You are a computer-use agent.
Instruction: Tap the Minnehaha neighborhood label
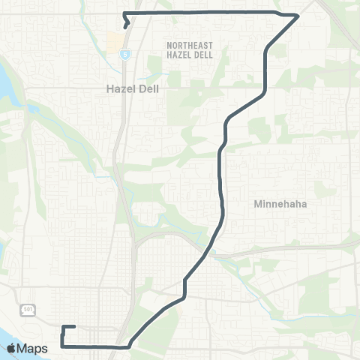[281, 203]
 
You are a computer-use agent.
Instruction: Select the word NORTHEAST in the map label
[189, 45]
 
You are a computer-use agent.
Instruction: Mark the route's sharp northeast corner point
[298, 15]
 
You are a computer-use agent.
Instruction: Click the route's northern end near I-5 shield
[124, 27]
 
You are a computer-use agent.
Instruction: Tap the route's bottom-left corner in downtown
[62, 346]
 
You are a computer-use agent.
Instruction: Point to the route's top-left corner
[124, 13]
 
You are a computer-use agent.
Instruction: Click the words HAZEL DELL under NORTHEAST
[189, 55]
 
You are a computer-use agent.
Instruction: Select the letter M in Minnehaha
[259, 203]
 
